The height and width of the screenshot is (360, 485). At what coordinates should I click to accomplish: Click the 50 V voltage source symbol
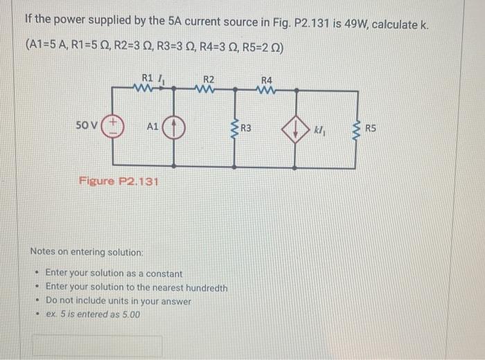pyautogui.click(x=110, y=128)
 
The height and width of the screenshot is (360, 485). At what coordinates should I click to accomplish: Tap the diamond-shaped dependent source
pyautogui.click(x=295, y=128)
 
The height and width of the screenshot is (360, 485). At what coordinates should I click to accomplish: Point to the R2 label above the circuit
pyautogui.click(x=209, y=78)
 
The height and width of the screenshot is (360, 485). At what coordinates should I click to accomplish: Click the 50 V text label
pyautogui.click(x=87, y=126)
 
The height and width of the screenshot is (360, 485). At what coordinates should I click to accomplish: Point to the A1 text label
pyautogui.click(x=152, y=127)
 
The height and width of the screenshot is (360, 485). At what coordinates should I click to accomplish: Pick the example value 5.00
pyautogui.click(x=130, y=314)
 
